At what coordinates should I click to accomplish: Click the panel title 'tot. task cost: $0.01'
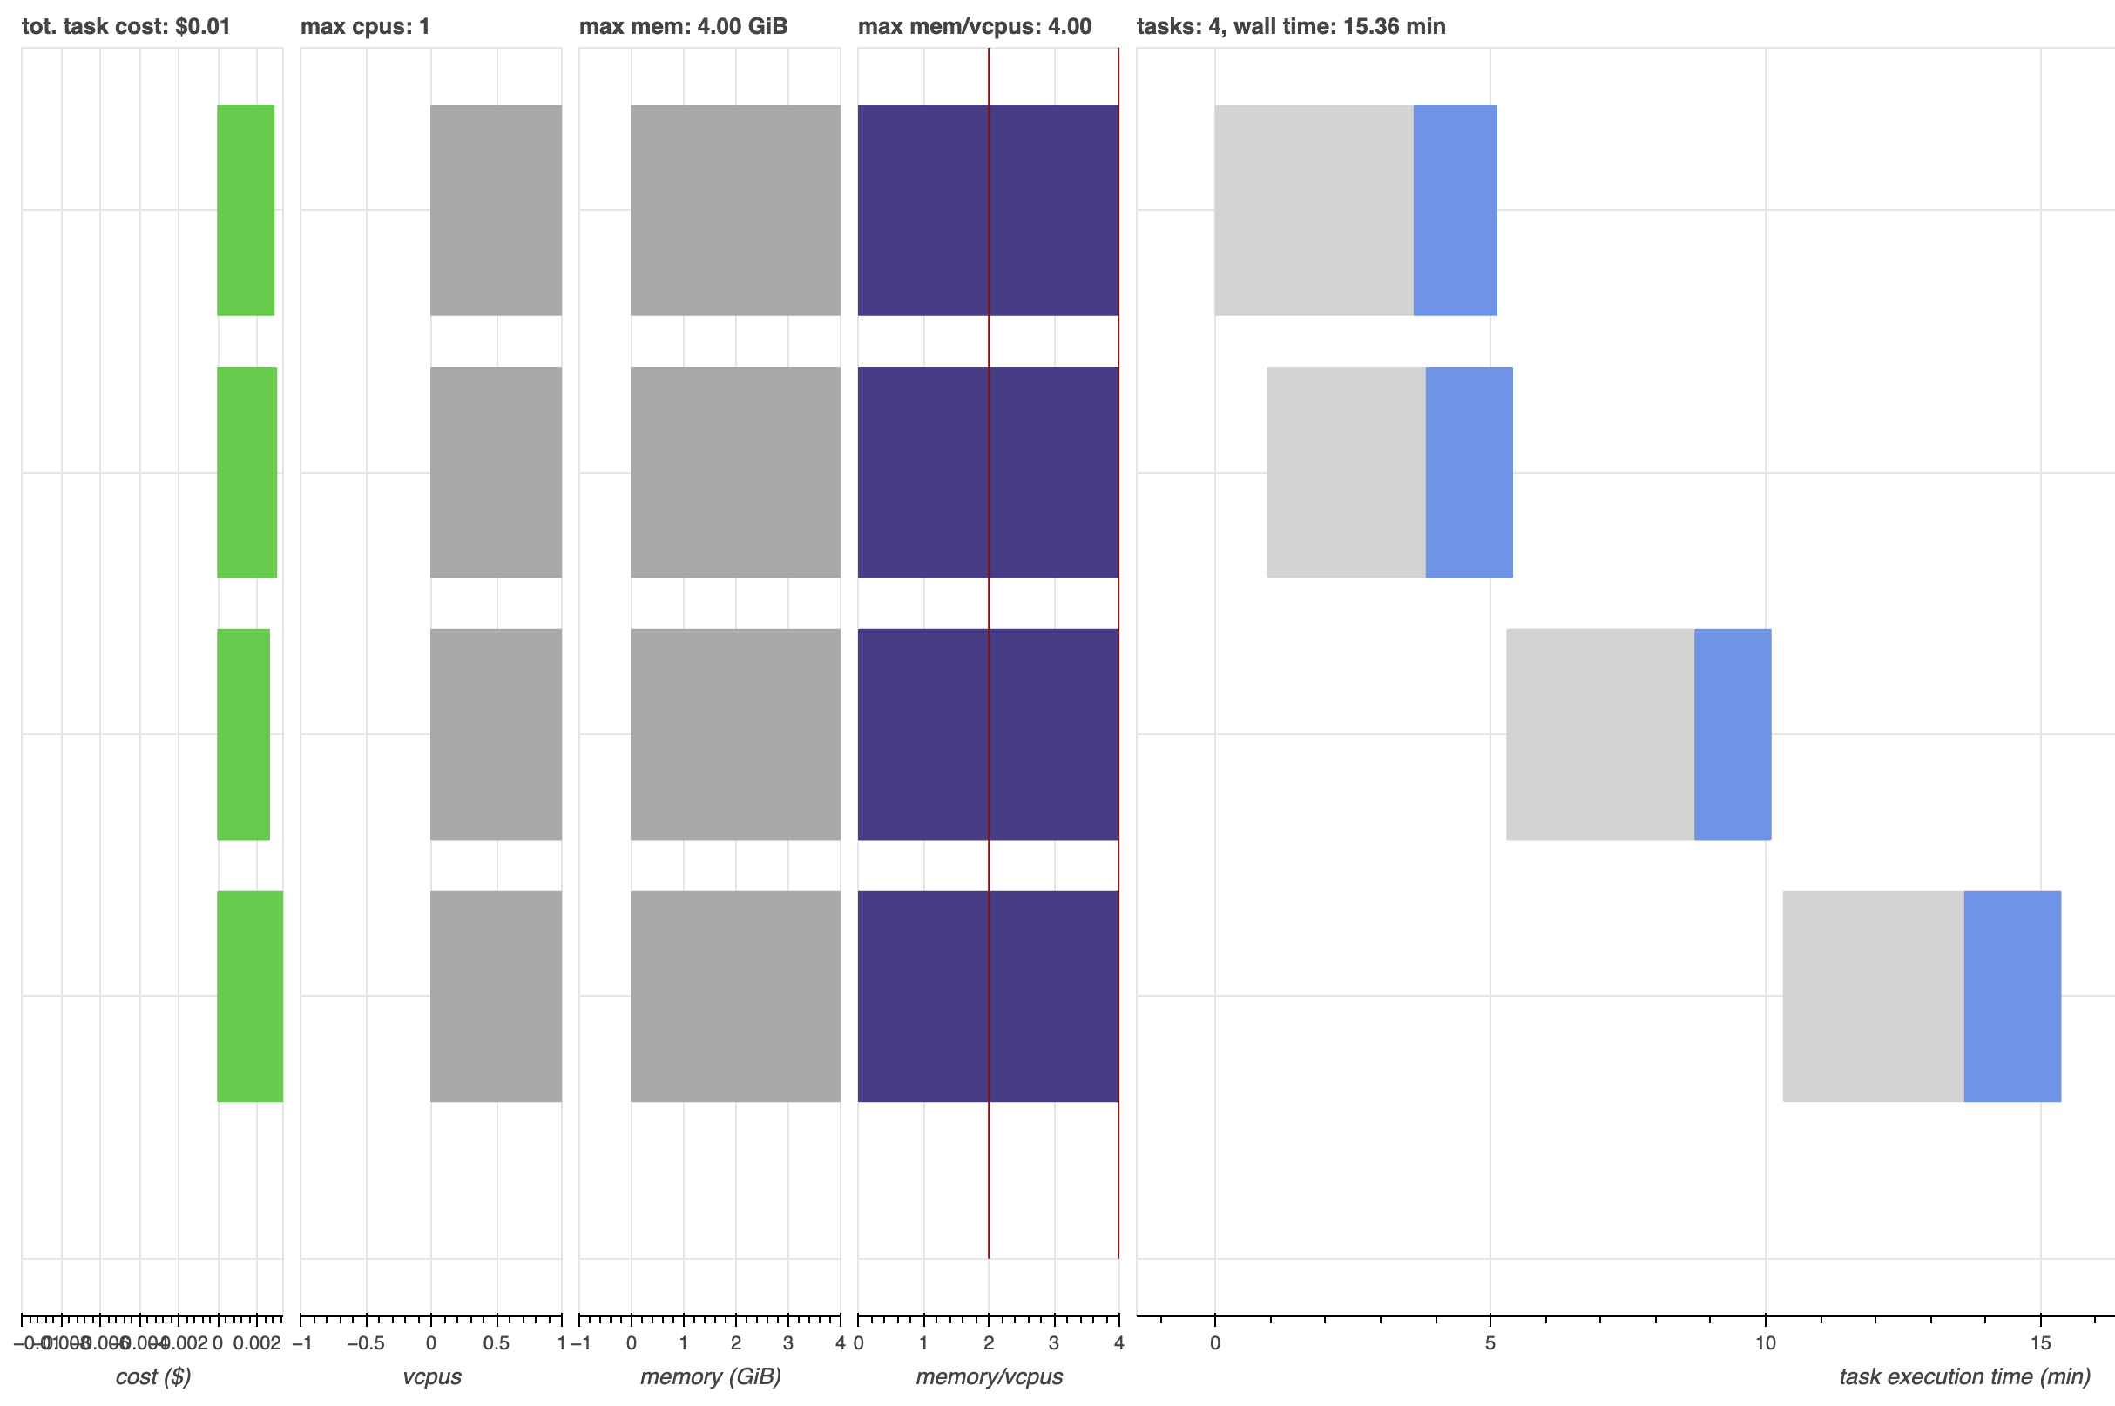pyautogui.click(x=125, y=26)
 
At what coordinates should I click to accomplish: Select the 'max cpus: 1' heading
pyautogui.click(x=365, y=26)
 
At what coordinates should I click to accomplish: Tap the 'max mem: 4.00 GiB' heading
pyautogui.click(x=682, y=26)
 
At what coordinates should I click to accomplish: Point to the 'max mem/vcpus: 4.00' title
pyautogui.click(x=974, y=26)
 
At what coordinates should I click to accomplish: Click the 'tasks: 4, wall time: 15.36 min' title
pyautogui.click(x=1290, y=26)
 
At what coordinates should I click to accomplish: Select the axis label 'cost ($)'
pyautogui.click(x=153, y=1376)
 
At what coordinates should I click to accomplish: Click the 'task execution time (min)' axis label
pyautogui.click(x=1963, y=1376)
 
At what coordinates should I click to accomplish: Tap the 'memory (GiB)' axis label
pyautogui.click(x=710, y=1376)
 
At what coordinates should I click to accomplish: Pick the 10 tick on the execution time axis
pyautogui.click(x=1765, y=1342)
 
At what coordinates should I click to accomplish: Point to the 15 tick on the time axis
pyautogui.click(x=2040, y=1342)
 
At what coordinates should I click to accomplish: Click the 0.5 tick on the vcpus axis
pyautogui.click(x=496, y=1342)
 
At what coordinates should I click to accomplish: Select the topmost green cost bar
pyautogui.click(x=245, y=210)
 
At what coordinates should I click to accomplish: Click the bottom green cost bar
pyautogui.click(x=249, y=996)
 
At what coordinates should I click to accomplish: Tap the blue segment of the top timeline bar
pyautogui.click(x=1454, y=210)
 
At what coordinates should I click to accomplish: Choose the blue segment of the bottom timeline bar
pyautogui.click(x=2011, y=996)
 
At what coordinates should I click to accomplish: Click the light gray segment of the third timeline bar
pyautogui.click(x=1599, y=733)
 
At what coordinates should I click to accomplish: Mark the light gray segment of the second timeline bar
pyautogui.click(x=1345, y=471)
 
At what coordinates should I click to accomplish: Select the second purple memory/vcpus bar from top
pyautogui.click(x=987, y=471)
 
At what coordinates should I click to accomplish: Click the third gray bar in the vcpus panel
pyautogui.click(x=496, y=733)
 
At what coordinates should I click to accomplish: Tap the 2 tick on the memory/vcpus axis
pyautogui.click(x=988, y=1342)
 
